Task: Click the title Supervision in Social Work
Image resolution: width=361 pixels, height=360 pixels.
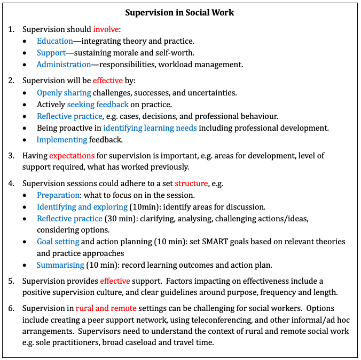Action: (x=179, y=12)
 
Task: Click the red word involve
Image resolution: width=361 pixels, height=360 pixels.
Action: (x=106, y=29)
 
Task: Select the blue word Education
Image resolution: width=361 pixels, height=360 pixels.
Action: (x=55, y=41)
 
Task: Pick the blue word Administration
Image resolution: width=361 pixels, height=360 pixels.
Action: (x=64, y=65)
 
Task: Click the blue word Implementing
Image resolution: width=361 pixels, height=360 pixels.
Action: (x=61, y=140)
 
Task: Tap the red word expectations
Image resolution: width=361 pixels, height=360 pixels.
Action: (x=72, y=156)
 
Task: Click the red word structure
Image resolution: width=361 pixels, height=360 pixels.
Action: (x=191, y=183)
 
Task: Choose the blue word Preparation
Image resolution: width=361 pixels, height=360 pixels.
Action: (x=59, y=195)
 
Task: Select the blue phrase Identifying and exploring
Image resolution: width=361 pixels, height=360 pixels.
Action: (x=82, y=207)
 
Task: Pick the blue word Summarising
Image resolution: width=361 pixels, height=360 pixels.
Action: (x=60, y=265)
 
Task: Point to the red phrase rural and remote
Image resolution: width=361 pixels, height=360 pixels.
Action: (x=106, y=308)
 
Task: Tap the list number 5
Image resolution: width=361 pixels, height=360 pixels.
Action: (x=12, y=281)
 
